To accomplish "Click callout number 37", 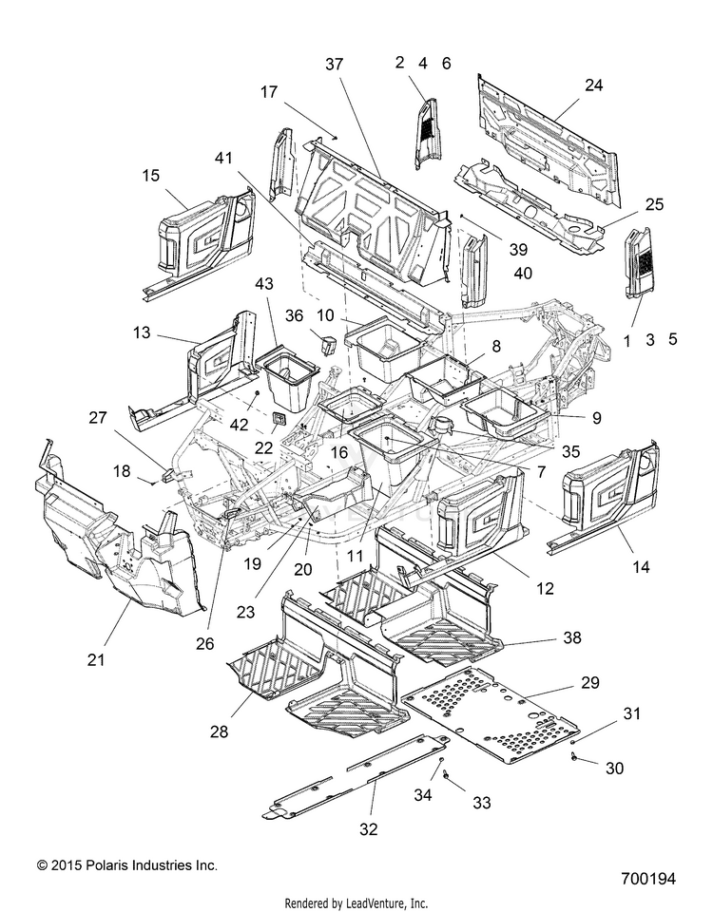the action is point(334,64).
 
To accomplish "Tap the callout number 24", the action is point(593,85).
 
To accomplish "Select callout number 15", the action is point(151,175).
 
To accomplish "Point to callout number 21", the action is point(95,659).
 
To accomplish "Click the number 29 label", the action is point(590,682).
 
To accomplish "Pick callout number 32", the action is point(369,829).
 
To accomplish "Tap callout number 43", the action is point(263,284).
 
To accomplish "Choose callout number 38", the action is point(572,637).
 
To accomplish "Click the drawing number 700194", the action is point(647,878).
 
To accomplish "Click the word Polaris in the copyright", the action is point(110,865).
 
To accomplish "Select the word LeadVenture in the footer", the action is point(376,903).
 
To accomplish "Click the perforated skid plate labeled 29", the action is point(491,714).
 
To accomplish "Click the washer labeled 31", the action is point(573,743).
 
